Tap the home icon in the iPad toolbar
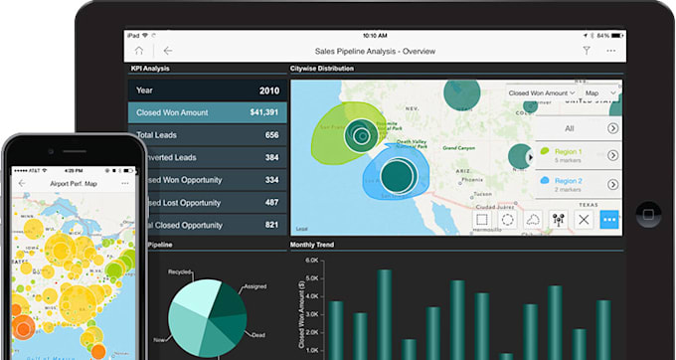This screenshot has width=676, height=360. [139, 50]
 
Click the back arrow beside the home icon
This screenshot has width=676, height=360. [168, 50]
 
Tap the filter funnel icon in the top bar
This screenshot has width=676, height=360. [587, 50]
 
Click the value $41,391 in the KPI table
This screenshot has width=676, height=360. [262, 112]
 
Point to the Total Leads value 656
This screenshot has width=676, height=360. [271, 135]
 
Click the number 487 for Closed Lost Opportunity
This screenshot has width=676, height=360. [271, 202]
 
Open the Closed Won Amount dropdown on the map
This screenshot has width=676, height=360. [541, 92]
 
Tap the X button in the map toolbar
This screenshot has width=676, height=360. [585, 220]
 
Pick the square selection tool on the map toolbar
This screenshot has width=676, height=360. [482, 220]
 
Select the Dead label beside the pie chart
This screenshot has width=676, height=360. [258, 335]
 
